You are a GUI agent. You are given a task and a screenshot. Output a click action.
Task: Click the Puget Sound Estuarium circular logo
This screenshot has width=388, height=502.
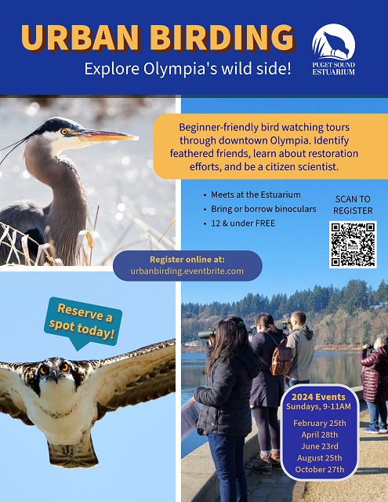click(x=334, y=42)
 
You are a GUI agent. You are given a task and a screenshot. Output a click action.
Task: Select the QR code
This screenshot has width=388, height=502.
click(x=353, y=245)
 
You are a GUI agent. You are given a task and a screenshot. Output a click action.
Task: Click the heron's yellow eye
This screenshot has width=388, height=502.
click(x=64, y=132)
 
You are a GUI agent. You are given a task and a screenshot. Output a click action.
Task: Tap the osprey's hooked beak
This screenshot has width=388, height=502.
click(x=55, y=375)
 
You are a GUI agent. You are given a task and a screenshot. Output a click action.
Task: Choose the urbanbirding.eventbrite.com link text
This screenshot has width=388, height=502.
click(x=187, y=271)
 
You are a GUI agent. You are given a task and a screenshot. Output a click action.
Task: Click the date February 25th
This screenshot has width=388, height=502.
click(x=320, y=424)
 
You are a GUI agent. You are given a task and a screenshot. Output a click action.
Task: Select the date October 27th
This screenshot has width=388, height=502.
click(x=320, y=470)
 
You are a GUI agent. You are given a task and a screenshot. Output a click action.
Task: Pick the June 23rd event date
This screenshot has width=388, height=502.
click(x=320, y=446)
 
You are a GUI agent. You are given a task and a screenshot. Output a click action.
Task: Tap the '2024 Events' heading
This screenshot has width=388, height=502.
click(x=318, y=397)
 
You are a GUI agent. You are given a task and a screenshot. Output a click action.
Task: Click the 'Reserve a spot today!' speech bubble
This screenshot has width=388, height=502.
click(x=82, y=322)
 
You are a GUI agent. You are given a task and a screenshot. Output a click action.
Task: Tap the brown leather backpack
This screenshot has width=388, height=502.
click(x=281, y=358)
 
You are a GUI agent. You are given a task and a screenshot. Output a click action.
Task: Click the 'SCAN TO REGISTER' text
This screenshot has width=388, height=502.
click(x=353, y=205)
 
